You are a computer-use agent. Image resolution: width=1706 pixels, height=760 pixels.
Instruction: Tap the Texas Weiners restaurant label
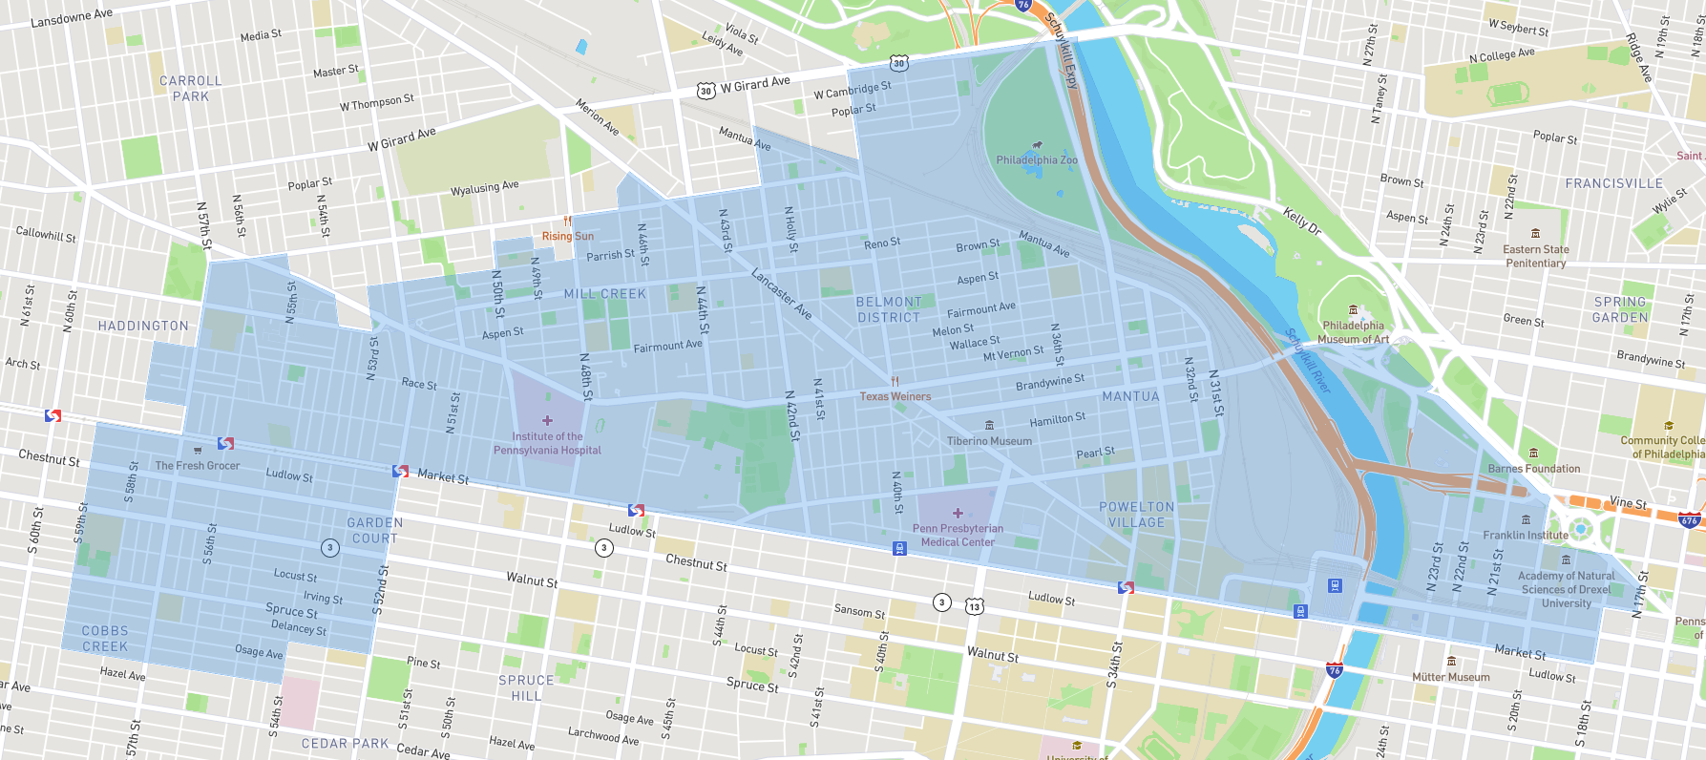pos(895,396)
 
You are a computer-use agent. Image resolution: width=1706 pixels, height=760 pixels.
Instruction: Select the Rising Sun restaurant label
pos(568,236)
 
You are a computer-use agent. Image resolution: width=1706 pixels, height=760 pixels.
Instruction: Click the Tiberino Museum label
pos(989,441)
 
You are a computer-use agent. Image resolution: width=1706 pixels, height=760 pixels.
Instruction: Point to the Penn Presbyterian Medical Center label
pos(958,535)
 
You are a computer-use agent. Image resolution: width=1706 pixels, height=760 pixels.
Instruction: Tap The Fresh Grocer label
pos(198,466)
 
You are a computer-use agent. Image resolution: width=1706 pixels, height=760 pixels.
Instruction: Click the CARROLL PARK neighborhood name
pos(191,89)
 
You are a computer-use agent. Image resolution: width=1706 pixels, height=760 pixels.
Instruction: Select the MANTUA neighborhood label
pos(1130,396)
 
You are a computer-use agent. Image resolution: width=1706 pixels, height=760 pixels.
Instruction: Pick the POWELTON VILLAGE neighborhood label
pos(1136,515)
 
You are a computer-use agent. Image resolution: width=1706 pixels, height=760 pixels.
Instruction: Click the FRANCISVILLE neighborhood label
pos(1613,183)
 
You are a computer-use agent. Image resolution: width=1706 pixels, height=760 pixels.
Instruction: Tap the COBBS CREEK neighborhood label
pos(105,639)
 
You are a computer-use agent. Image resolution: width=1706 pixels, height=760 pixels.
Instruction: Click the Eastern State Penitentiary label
pos(1535,256)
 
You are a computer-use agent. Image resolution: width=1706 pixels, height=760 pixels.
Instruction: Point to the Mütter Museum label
pos(1450,677)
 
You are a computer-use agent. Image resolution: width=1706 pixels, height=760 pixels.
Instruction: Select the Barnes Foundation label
pos(1533,469)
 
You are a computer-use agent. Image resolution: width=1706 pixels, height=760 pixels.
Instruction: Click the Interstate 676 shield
pos(1689,520)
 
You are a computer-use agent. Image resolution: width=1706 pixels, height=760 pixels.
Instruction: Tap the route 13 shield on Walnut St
pos(974,606)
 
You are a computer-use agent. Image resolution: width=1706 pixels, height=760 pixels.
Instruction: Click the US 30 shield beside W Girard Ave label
pos(706,91)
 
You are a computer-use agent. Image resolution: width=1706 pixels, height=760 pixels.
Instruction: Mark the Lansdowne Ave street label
pos(72,18)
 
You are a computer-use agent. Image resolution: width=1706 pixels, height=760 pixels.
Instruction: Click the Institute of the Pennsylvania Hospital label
pos(547,443)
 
